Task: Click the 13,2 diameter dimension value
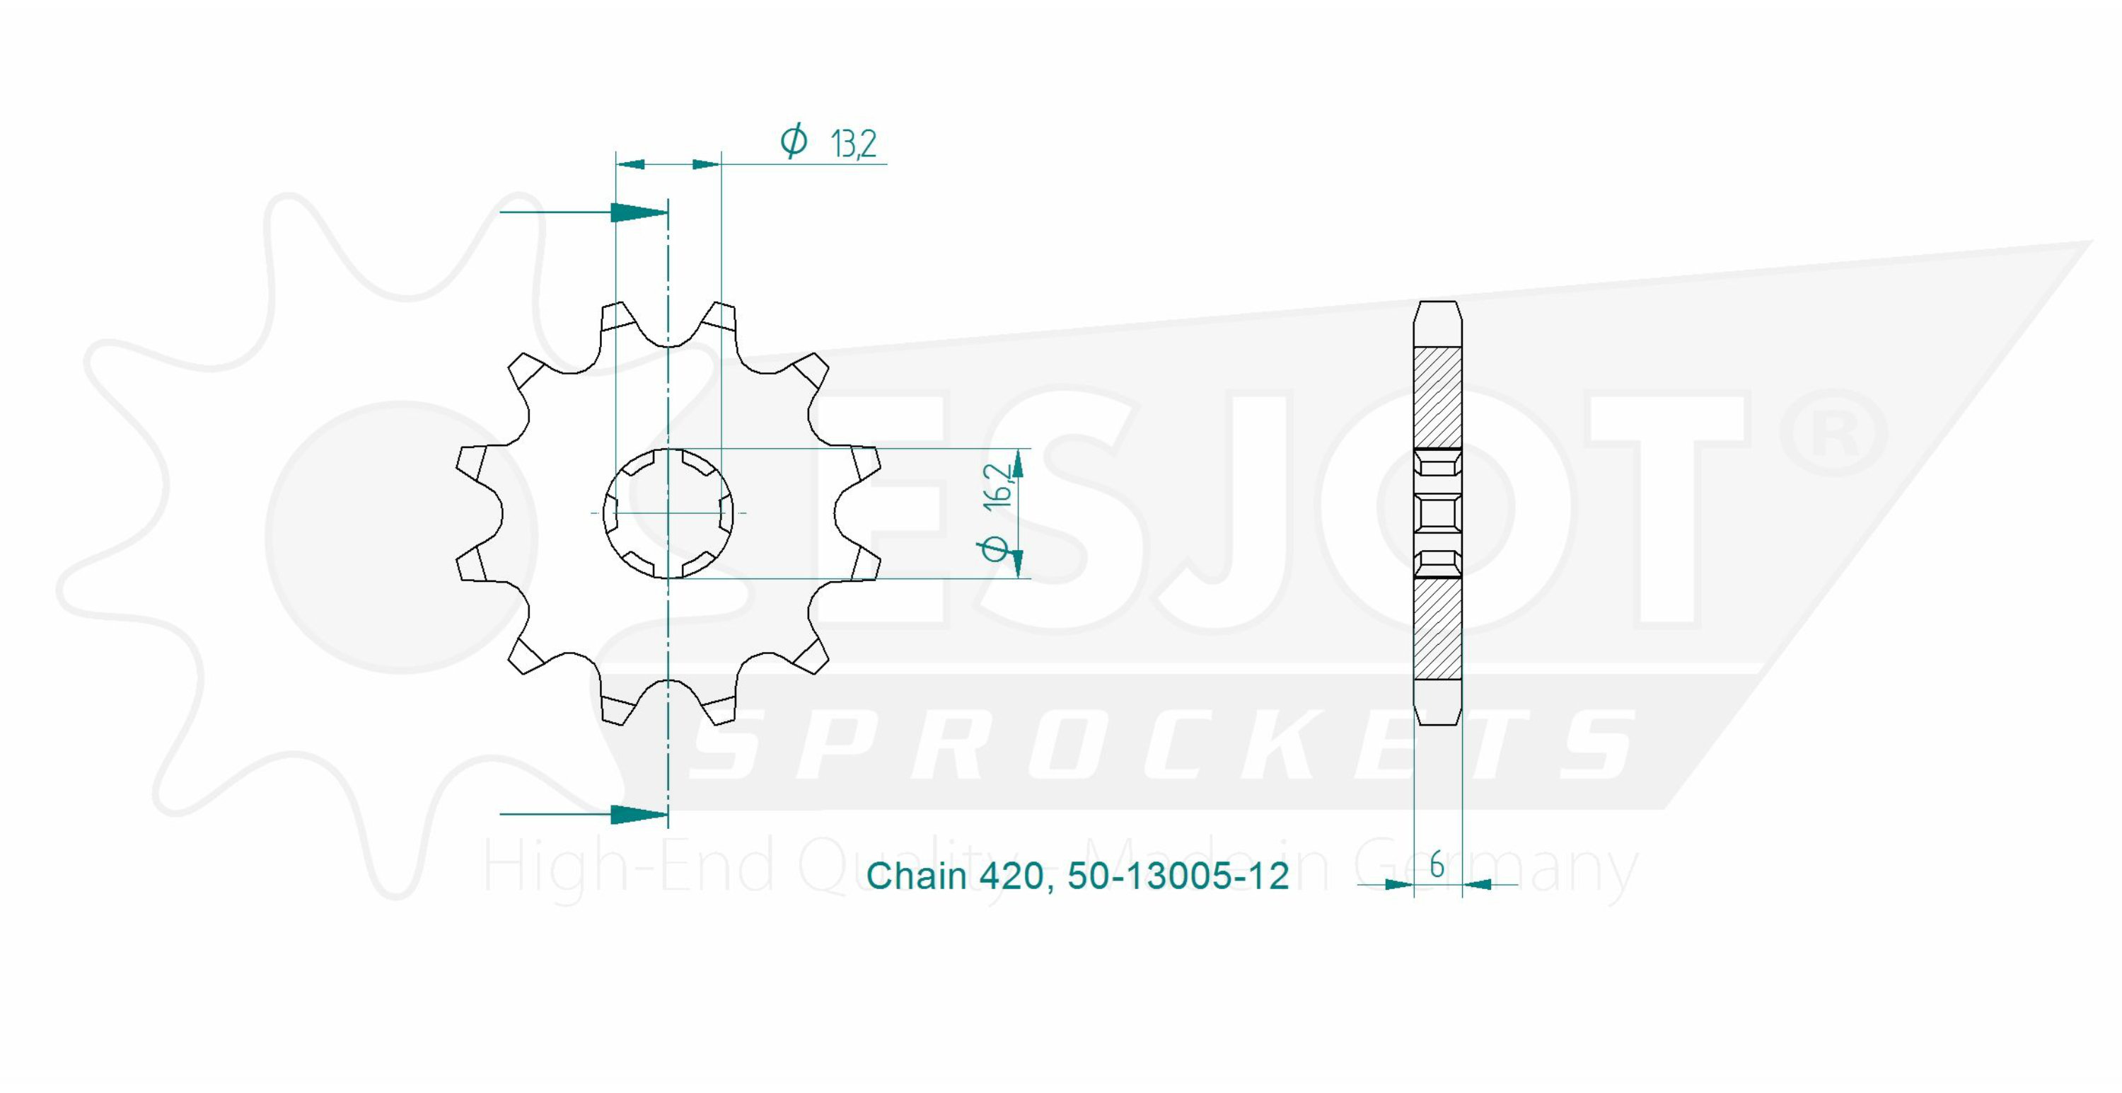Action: coord(854,144)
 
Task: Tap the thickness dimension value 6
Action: coord(1437,866)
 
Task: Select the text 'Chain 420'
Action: coord(956,876)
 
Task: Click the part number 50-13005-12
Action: coord(1178,876)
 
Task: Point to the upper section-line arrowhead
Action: coord(639,212)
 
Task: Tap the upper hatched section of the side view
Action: coord(1437,398)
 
